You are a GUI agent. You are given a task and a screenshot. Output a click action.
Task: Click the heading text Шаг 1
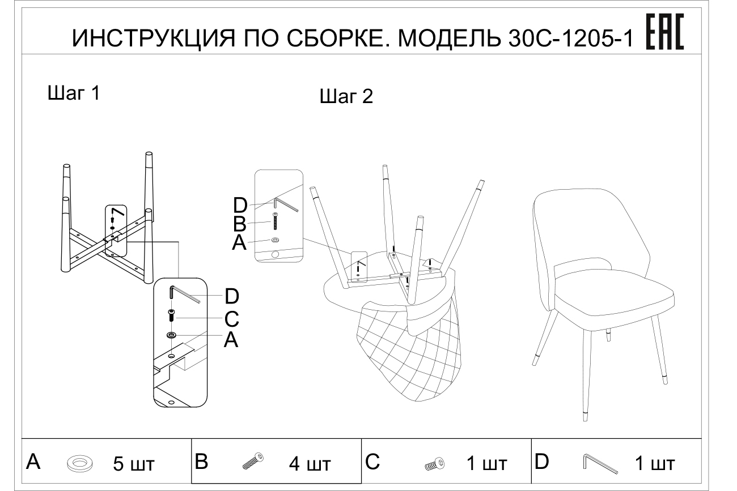74,93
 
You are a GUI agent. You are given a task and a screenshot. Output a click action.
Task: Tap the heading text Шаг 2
346,97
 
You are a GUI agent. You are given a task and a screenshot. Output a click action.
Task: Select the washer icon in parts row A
80,464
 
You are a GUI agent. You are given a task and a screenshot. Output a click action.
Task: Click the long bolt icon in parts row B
253,462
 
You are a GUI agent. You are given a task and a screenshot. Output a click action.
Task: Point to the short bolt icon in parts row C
435,464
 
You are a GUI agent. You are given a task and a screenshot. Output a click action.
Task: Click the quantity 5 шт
133,465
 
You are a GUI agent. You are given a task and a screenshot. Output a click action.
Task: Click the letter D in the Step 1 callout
231,296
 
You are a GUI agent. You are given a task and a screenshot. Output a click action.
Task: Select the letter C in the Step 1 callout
231,319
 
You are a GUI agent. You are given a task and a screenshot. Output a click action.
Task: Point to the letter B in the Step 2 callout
240,224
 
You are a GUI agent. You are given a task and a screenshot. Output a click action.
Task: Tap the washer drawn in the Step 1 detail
172,335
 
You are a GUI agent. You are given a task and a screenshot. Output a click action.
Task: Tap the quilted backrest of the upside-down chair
408,351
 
